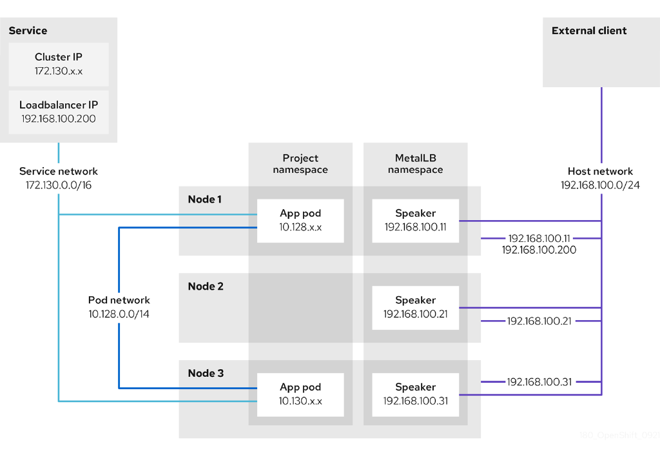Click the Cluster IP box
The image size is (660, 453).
tap(59, 64)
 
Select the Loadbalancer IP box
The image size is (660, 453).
tap(59, 111)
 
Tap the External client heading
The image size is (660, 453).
tap(589, 30)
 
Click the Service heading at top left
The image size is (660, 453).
tap(28, 30)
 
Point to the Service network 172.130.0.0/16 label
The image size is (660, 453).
tap(59, 177)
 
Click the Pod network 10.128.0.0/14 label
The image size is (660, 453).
tap(119, 307)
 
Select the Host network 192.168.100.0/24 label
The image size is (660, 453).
tap(600, 177)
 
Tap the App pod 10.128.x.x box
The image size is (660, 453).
tap(300, 220)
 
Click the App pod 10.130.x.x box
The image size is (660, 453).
tap(300, 394)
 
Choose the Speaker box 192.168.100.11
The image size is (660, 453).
tap(415, 220)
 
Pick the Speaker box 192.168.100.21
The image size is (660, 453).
tap(415, 307)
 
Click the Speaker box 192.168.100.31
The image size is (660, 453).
tap(415, 394)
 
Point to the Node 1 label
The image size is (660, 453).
tap(204, 199)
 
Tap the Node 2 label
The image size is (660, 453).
tap(205, 286)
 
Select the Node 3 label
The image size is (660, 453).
tap(205, 373)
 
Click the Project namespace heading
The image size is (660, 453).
tap(300, 164)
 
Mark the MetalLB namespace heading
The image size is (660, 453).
tap(415, 164)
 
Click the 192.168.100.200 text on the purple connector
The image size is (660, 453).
tap(539, 250)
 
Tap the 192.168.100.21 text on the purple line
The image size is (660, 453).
tap(539, 321)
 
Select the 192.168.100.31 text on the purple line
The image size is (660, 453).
tap(539, 381)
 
